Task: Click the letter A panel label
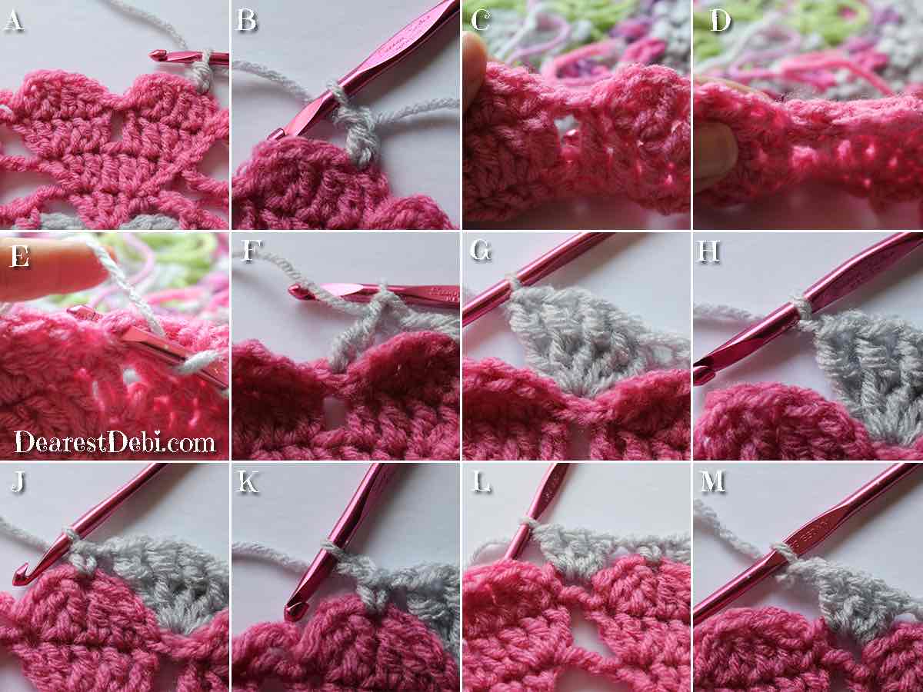pyautogui.click(x=13, y=21)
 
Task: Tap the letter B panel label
pyautogui.click(x=246, y=21)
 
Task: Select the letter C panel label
pyautogui.click(x=481, y=21)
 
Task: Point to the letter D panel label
pyautogui.click(x=719, y=21)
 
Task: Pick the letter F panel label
pyautogui.click(x=252, y=251)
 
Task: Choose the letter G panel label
pyautogui.click(x=481, y=251)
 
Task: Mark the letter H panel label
pyautogui.click(x=708, y=251)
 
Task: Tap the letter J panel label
pyautogui.click(x=18, y=481)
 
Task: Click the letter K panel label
pyautogui.click(x=248, y=481)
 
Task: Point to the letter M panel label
pyautogui.click(x=713, y=481)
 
